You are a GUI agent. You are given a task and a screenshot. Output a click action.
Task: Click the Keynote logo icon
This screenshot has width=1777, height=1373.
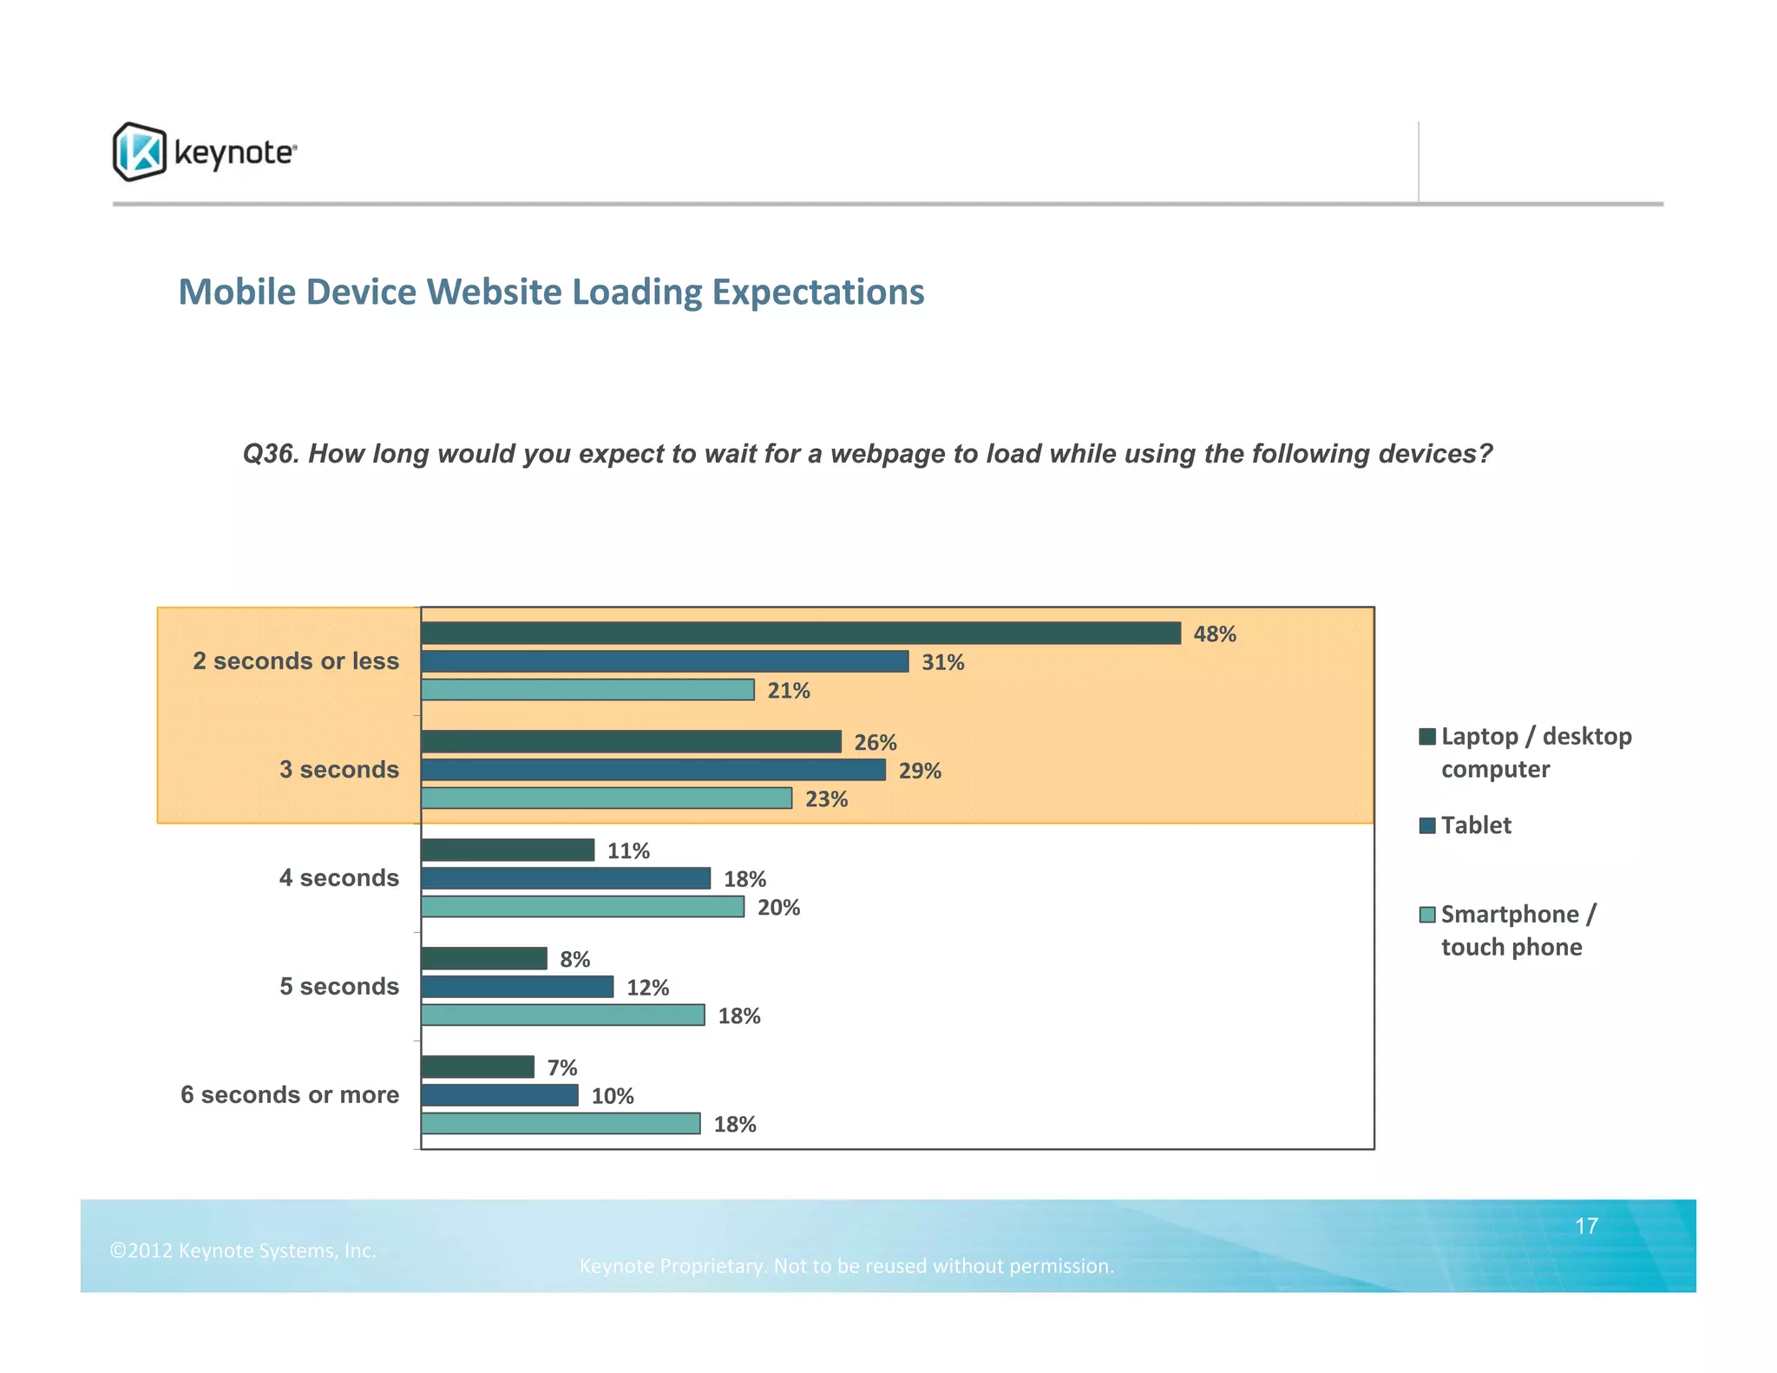[x=139, y=152]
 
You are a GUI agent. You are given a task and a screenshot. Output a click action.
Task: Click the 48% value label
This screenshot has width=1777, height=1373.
[x=1214, y=634]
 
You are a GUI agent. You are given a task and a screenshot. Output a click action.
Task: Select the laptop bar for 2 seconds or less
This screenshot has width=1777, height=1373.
[x=800, y=634]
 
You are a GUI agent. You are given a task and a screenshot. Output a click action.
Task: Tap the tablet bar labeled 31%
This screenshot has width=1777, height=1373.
[x=665, y=662]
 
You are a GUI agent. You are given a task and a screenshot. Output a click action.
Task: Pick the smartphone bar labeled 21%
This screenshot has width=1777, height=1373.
[x=587, y=690]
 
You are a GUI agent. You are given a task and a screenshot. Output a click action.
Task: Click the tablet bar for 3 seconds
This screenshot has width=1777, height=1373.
[x=652, y=770]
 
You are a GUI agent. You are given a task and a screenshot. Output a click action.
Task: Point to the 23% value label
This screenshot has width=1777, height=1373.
[x=826, y=799]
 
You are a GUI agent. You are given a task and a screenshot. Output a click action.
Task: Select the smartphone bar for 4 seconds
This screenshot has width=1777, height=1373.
[x=582, y=907]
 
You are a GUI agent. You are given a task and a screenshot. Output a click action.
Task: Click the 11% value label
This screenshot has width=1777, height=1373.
[x=628, y=851]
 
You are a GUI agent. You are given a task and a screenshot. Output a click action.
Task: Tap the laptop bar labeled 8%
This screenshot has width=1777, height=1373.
[x=483, y=959]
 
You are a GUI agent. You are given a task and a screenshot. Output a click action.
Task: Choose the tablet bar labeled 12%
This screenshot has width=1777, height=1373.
[x=517, y=987]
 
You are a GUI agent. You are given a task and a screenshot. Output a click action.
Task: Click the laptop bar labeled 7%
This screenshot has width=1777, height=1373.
[x=477, y=1068]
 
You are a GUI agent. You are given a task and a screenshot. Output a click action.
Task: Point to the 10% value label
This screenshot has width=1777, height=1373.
[x=613, y=1096]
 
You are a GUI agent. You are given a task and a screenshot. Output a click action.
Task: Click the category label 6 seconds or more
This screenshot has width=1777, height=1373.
[x=290, y=1095]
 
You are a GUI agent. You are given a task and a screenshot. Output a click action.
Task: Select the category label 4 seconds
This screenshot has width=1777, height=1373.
[x=338, y=878]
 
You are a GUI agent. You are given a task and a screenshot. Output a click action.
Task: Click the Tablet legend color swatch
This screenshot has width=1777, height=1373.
[x=1427, y=825]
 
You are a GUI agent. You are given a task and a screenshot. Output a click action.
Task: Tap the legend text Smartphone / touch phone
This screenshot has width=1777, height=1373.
[x=1518, y=930]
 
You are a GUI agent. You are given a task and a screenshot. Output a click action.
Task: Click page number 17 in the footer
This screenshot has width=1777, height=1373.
[x=1586, y=1226]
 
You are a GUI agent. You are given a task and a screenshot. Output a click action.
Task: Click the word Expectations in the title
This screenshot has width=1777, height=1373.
[x=817, y=292]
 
